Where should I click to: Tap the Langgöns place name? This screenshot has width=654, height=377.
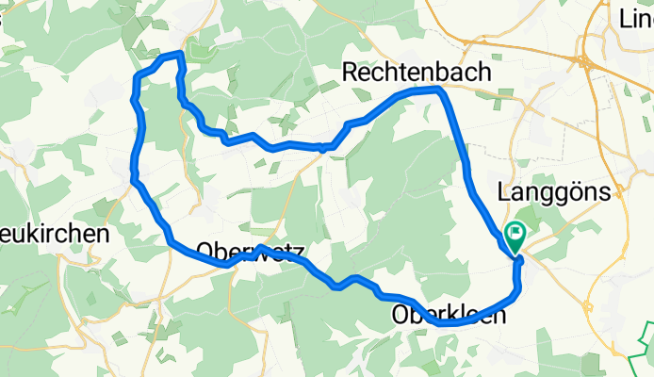pyautogui.click(x=555, y=191)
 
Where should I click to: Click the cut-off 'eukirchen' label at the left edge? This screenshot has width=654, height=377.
pyautogui.click(x=54, y=233)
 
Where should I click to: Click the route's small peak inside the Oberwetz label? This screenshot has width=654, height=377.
pyautogui.click(x=258, y=248)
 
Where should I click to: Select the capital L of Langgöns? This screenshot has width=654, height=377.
pyautogui.click(x=501, y=191)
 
